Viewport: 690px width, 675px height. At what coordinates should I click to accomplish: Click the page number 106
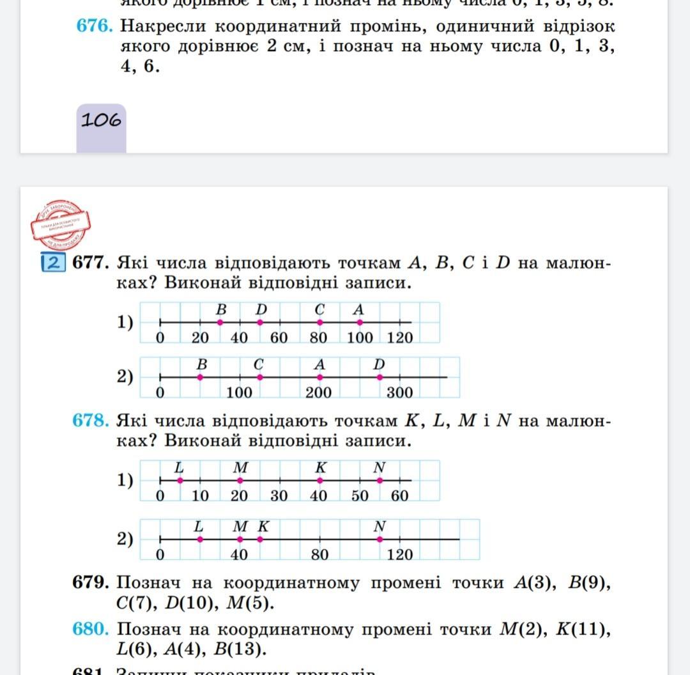(x=101, y=120)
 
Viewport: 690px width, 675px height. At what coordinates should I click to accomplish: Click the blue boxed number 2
(x=53, y=263)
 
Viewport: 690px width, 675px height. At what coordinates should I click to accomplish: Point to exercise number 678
(x=92, y=421)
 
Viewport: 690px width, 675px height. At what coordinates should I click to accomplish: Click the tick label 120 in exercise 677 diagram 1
(x=400, y=337)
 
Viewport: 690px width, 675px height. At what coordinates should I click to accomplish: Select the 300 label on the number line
(x=399, y=392)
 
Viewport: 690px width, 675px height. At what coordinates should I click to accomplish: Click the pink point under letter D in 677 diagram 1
(x=260, y=323)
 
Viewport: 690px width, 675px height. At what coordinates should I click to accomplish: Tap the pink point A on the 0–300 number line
(x=320, y=378)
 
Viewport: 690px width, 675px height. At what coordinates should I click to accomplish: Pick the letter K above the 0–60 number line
(x=320, y=468)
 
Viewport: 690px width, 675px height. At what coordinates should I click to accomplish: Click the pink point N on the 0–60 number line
(x=379, y=480)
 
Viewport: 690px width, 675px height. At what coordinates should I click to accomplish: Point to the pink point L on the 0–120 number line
(x=200, y=539)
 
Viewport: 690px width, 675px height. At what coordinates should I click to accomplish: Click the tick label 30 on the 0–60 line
(x=279, y=495)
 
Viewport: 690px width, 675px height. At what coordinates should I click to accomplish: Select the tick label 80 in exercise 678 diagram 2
(x=319, y=555)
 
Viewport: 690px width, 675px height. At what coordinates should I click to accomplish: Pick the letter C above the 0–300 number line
(x=259, y=364)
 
